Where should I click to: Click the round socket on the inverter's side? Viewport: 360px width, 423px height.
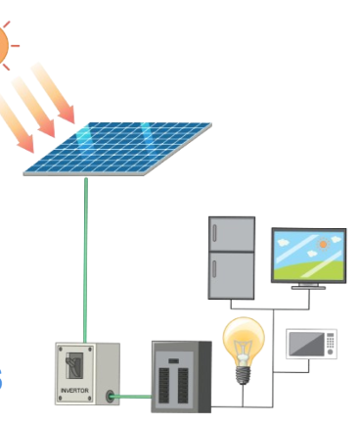pyautogui.click(x=111, y=397)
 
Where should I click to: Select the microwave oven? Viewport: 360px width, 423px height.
pyautogui.click(x=311, y=345)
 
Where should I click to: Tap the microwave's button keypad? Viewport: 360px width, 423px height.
pyautogui.click(x=330, y=345)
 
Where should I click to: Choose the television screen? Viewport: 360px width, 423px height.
pyautogui.click(x=307, y=254)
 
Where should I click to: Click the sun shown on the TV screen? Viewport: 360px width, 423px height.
pyautogui.click(x=322, y=243)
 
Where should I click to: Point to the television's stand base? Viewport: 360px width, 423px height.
pyautogui.click(x=307, y=287)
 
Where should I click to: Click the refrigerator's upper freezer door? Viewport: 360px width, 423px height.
pyautogui.click(x=231, y=234)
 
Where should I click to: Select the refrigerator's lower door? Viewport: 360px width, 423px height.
pyautogui.click(x=231, y=275)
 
